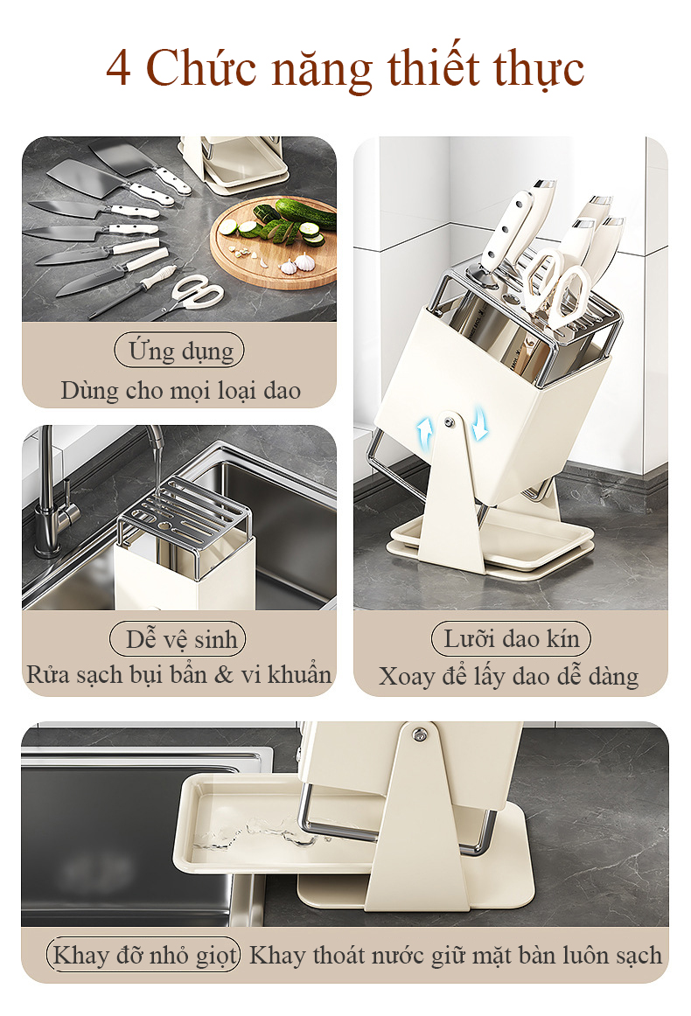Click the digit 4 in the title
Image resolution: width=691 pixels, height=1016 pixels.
pyautogui.click(x=119, y=68)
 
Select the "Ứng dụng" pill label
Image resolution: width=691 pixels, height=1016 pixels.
pyautogui.click(x=179, y=351)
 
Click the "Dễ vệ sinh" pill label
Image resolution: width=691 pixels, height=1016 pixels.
pyautogui.click(x=178, y=639)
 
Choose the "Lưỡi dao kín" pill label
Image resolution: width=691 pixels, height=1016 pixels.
pyautogui.click(x=511, y=638)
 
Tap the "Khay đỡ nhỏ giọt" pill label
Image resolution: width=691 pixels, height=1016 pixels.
pyautogui.click(x=143, y=955)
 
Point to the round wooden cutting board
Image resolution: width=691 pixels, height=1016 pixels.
pyautogui.click(x=275, y=241)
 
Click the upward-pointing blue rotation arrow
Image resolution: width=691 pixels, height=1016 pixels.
pyautogui.click(x=424, y=431)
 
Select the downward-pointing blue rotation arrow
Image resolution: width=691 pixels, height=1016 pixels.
pyautogui.click(x=479, y=422)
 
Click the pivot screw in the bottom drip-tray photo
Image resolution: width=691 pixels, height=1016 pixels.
pyautogui.click(x=419, y=734)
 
